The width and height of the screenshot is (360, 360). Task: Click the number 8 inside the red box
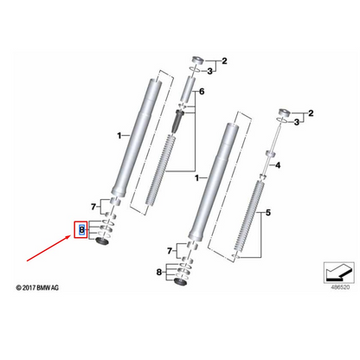(82, 229)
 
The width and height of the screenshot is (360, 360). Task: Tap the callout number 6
(202, 91)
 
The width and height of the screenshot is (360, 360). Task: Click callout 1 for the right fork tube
(197, 178)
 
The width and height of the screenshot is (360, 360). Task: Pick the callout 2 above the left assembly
(223, 61)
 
